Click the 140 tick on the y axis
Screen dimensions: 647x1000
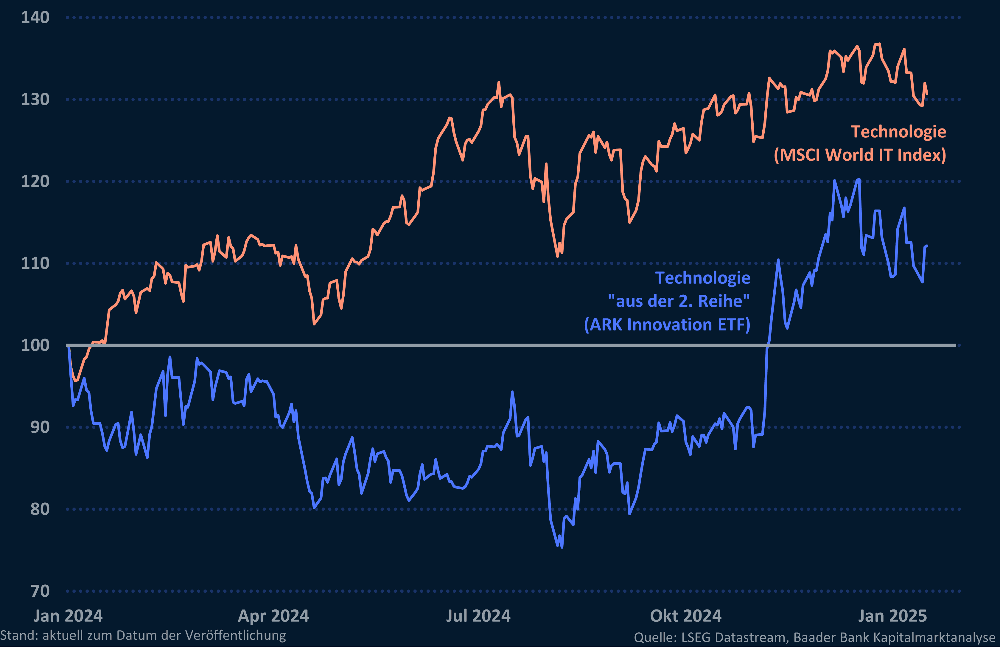35,18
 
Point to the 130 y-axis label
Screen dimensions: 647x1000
35,100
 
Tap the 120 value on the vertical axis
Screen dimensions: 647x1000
35,181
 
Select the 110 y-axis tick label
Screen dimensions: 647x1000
35,263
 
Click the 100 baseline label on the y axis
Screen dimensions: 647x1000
35,345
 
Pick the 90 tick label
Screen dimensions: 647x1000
40,427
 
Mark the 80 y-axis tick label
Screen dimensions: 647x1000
40,509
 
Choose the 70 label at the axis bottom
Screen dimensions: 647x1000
40,591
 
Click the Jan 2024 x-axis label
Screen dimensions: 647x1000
68,616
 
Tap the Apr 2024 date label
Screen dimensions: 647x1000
273,616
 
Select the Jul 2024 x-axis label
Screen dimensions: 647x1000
478,616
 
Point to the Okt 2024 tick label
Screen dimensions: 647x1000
685,616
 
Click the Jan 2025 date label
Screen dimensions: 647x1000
892,616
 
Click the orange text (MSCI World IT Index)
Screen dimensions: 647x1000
860,155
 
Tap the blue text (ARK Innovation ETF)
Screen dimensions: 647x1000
667,325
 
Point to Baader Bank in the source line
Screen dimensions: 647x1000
830,637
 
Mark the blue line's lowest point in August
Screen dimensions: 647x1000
562,547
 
